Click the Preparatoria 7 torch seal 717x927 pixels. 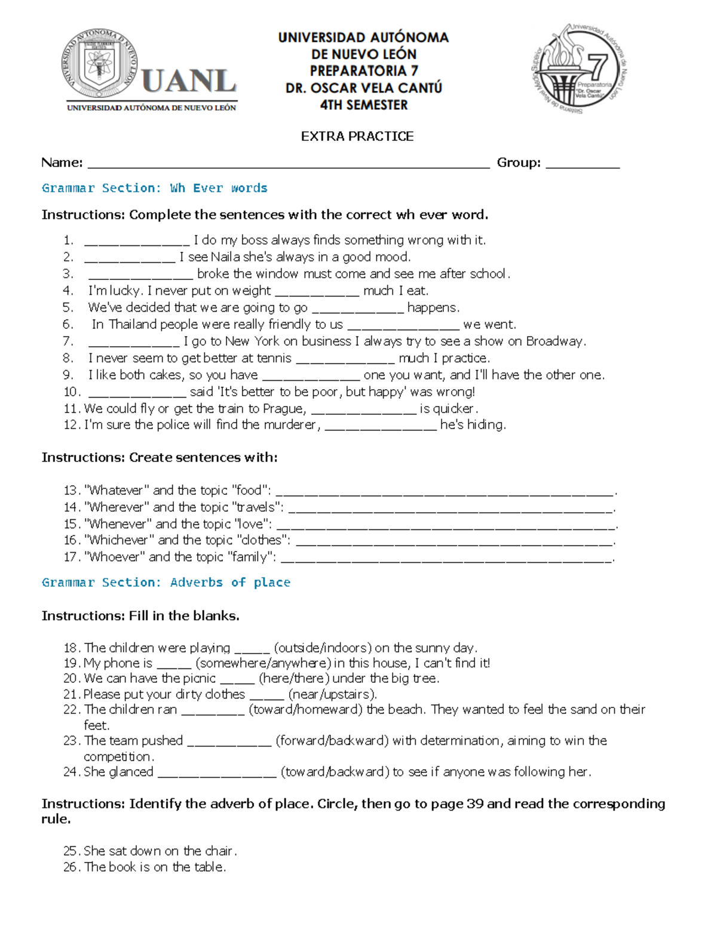(578, 69)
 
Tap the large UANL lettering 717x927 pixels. (189, 81)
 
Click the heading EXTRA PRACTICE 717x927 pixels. (357, 137)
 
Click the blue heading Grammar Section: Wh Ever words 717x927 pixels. (154, 189)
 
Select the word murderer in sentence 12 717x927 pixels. (290, 425)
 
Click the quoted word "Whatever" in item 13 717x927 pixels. (117, 491)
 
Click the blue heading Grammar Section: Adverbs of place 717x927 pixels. (166, 583)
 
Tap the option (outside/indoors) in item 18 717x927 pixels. (323, 648)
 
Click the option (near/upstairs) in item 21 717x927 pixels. (332, 695)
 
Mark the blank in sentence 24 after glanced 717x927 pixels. (216, 774)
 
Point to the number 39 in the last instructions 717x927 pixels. (474, 804)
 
